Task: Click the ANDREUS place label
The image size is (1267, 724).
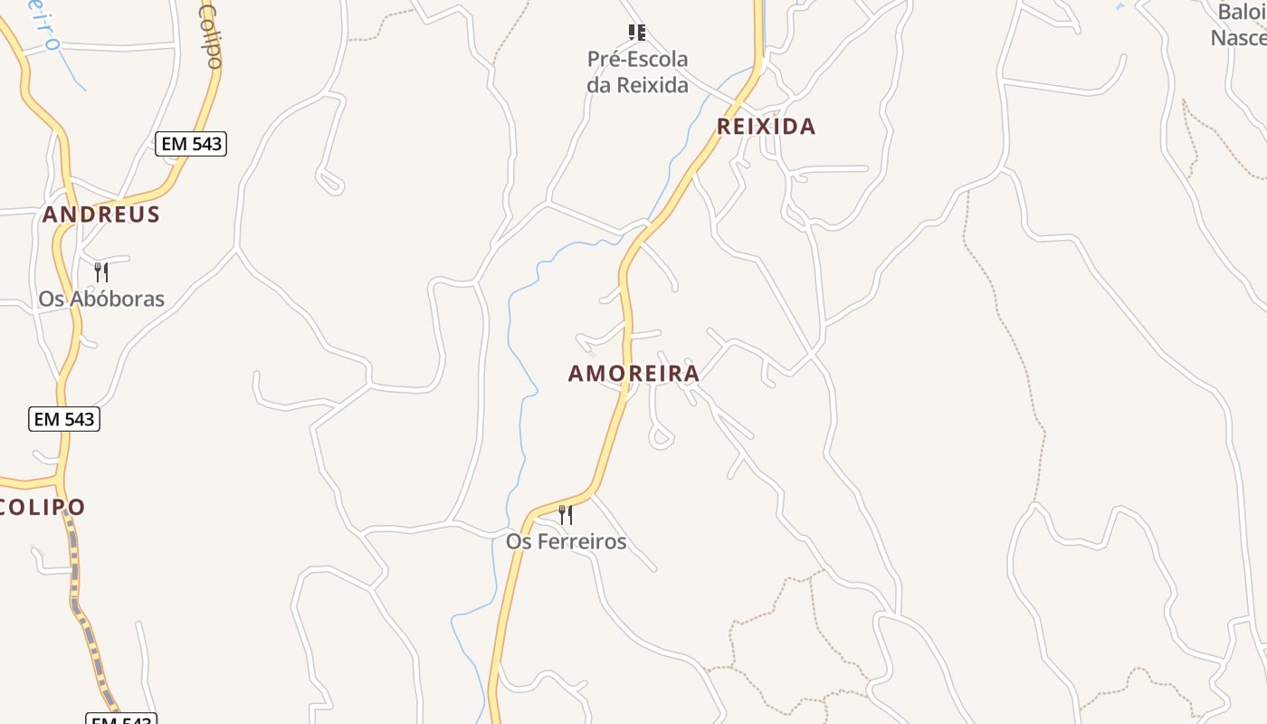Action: [x=101, y=214]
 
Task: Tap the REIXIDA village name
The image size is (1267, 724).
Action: [x=766, y=127]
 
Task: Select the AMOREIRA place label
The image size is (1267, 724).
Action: [x=633, y=373]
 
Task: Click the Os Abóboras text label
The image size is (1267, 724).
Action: [x=101, y=299]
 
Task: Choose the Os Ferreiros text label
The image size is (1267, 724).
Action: [x=566, y=541]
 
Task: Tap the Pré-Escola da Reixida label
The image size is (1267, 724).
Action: [x=637, y=72]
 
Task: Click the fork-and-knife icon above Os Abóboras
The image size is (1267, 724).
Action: [x=101, y=271]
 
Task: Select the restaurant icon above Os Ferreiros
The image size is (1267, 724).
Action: [x=566, y=515]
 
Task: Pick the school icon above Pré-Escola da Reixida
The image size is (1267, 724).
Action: [x=637, y=33]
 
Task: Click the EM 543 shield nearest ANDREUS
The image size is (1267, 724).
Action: [x=190, y=144]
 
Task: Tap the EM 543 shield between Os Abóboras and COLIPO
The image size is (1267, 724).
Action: [x=63, y=419]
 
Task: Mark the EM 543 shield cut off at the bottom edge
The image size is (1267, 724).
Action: [x=121, y=719]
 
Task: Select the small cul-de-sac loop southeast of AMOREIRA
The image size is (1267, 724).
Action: [x=661, y=439]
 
